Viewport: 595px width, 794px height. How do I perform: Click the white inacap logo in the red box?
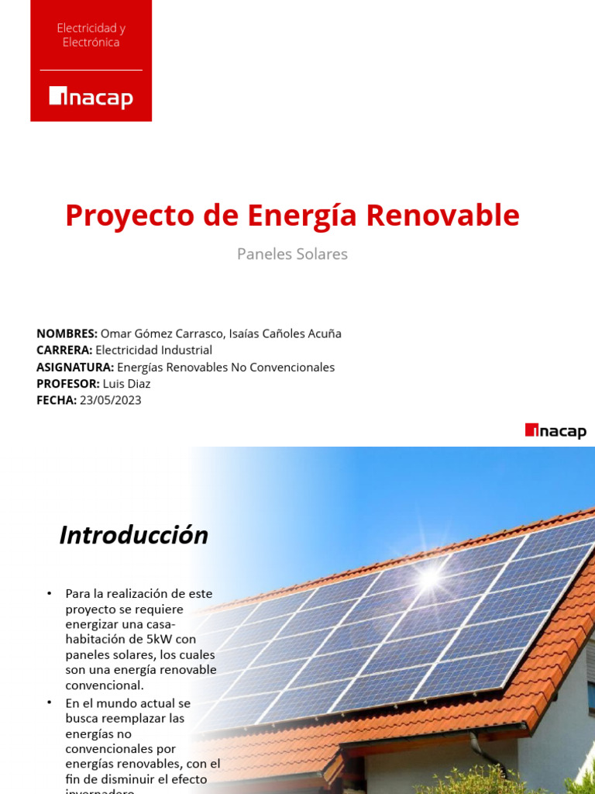point(91,97)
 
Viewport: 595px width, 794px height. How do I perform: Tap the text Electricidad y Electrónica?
point(91,35)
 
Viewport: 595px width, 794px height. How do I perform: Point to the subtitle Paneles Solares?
point(292,254)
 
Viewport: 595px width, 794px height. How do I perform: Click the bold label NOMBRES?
point(67,333)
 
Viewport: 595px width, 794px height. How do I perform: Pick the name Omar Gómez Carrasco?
point(162,333)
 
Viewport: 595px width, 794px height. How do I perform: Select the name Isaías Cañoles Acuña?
point(285,333)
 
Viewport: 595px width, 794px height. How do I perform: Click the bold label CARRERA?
point(64,350)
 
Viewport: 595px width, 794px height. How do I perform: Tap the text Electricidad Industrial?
point(153,350)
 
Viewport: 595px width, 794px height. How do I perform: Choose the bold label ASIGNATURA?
point(75,367)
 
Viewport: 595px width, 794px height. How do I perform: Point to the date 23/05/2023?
point(111,400)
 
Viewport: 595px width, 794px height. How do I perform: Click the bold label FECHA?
point(57,400)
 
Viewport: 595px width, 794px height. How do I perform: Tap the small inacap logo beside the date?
point(555,431)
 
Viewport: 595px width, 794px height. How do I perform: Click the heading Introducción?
point(134,535)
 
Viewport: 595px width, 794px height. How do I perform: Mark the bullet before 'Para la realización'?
point(50,593)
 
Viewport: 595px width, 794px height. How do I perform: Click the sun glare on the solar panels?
point(428,575)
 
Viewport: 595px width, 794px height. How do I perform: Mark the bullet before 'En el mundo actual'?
point(50,703)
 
